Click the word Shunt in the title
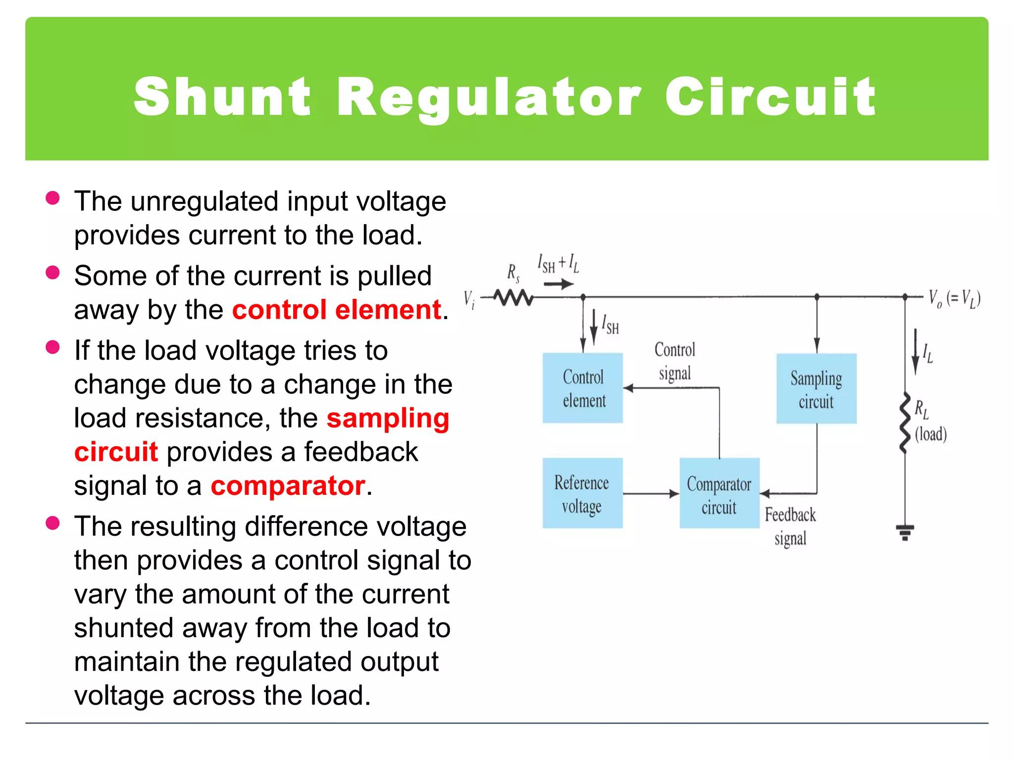coord(222,97)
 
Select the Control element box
coord(583,388)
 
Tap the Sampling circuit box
coord(816,389)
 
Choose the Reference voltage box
coord(582,493)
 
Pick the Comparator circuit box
coord(719,493)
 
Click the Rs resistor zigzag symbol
coord(513,297)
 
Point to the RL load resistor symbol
coord(905,423)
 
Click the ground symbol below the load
coord(905,532)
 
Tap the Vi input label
coord(469,299)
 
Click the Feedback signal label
coord(790,526)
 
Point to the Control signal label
coord(675,361)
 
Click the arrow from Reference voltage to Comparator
coord(651,493)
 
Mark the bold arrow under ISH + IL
coord(558,284)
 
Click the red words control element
coord(337,310)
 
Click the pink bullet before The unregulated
coord(52,198)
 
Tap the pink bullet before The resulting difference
coord(52,523)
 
